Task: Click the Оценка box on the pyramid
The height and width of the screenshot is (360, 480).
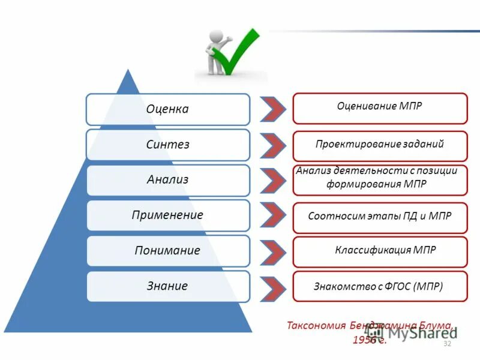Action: click(x=167, y=109)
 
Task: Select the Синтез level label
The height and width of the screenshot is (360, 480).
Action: click(x=167, y=145)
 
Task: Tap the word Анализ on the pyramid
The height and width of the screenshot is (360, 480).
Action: click(x=167, y=179)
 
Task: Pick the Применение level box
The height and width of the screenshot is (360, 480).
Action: click(x=167, y=215)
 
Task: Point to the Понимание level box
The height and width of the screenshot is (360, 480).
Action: click(x=167, y=250)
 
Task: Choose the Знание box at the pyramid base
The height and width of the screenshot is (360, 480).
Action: click(x=167, y=286)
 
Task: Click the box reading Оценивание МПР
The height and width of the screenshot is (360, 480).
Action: click(x=379, y=108)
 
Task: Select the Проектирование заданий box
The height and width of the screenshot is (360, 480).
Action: click(x=379, y=145)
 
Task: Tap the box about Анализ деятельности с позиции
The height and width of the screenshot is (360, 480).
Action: click(x=379, y=179)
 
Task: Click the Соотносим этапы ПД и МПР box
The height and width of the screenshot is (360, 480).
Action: click(x=379, y=216)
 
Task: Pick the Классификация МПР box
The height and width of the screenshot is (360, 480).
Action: click(x=379, y=251)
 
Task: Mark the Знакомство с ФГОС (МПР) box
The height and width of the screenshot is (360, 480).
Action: click(x=379, y=286)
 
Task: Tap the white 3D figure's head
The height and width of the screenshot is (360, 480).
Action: click(x=217, y=37)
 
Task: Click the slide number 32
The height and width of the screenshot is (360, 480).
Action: click(x=446, y=344)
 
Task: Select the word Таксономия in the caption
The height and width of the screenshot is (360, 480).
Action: click(x=315, y=326)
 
